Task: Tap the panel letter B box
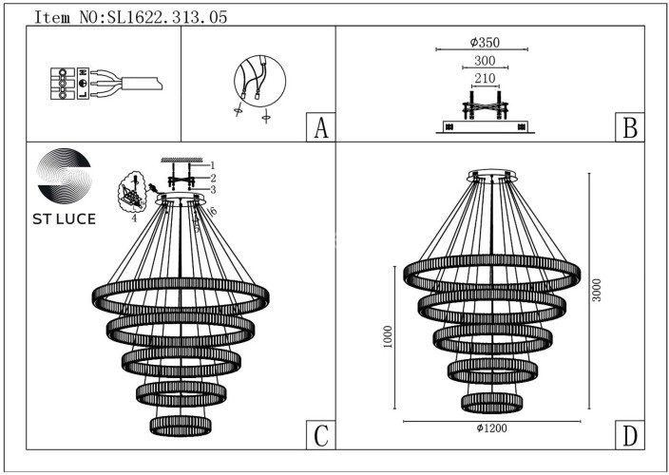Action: [629, 128]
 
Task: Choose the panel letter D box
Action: [629, 435]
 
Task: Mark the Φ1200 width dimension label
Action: [492, 429]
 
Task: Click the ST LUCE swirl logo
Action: [63, 178]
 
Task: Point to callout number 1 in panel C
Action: [214, 165]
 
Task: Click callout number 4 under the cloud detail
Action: [134, 218]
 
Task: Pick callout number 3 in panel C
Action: [214, 190]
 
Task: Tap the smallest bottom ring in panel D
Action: [492, 402]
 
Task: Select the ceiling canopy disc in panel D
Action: [492, 177]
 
